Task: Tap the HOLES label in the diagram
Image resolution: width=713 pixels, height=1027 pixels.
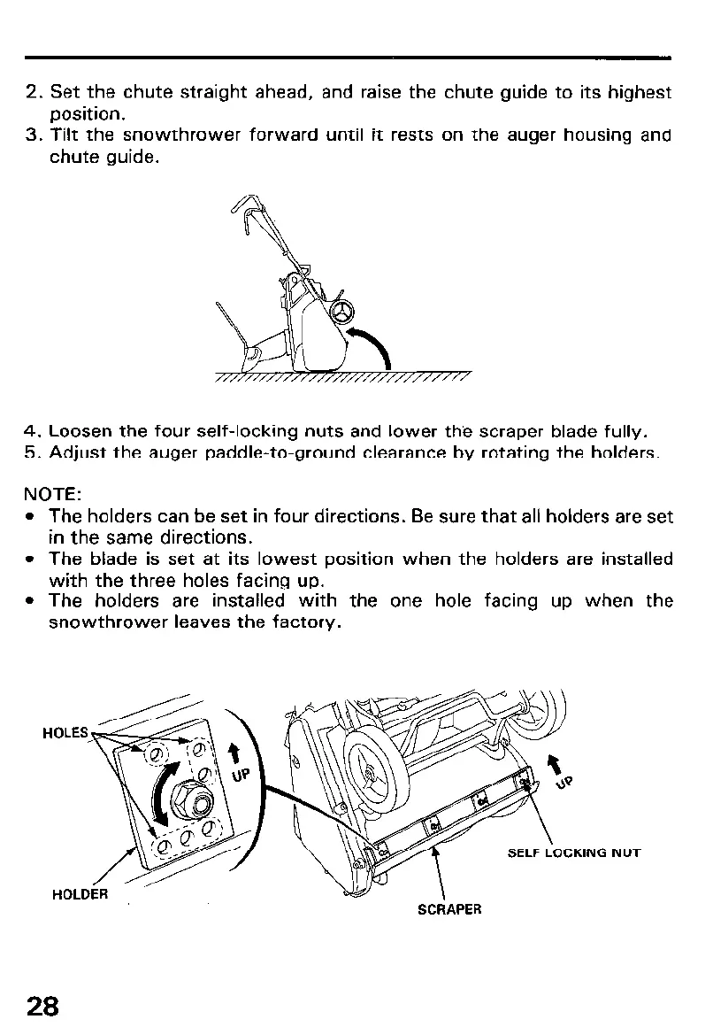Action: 65,732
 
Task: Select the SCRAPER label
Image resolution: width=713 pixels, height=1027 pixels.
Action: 448,909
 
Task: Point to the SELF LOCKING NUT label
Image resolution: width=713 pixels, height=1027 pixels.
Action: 573,853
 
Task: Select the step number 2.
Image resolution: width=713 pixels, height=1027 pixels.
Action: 35,92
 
